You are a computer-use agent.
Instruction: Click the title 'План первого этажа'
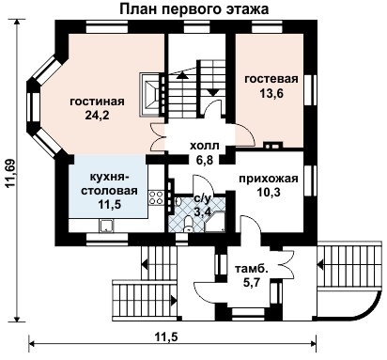[x=194, y=8]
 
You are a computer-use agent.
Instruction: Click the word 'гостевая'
[x=271, y=79]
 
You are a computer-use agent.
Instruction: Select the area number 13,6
[x=271, y=94]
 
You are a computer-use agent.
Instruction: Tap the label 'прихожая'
[x=269, y=178]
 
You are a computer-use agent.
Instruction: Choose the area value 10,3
[x=269, y=192]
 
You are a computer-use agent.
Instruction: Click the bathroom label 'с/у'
[x=202, y=198]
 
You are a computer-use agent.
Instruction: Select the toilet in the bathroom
[x=190, y=222]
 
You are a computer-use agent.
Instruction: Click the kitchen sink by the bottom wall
[x=107, y=225]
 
